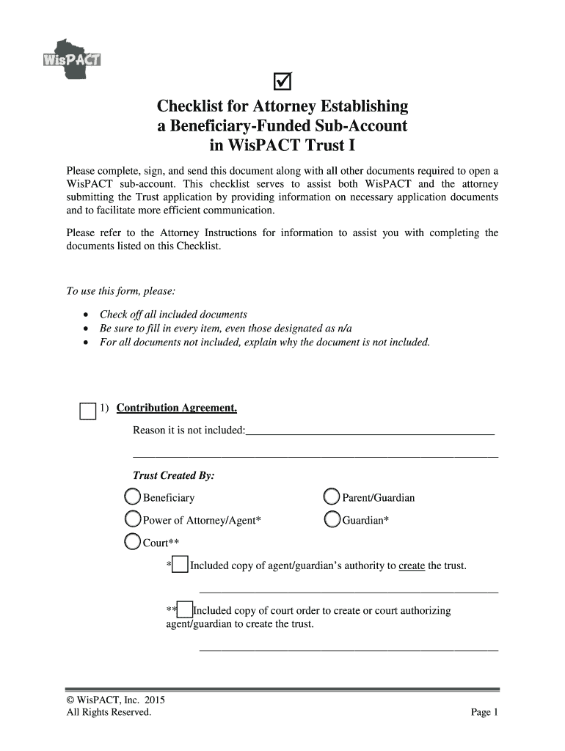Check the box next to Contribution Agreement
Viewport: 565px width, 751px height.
click(87, 411)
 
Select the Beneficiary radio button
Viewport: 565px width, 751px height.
click(133, 497)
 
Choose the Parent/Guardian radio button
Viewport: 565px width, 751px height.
click(332, 497)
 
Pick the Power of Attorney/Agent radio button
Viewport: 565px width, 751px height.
click(133, 520)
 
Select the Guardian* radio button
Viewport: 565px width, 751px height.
click(332, 520)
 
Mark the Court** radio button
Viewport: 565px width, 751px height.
click(133, 542)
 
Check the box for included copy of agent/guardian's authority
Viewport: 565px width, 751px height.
click(180, 565)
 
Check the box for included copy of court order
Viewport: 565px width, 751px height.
click(185, 610)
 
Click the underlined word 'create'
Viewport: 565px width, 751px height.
click(412, 566)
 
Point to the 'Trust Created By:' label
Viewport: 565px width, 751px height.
click(173, 476)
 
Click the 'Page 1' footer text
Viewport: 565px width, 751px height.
click(484, 712)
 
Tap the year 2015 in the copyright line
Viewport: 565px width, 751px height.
click(144, 700)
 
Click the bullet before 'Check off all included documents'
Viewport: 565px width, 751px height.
click(87, 315)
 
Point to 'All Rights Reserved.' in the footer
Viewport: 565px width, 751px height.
click(109, 712)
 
